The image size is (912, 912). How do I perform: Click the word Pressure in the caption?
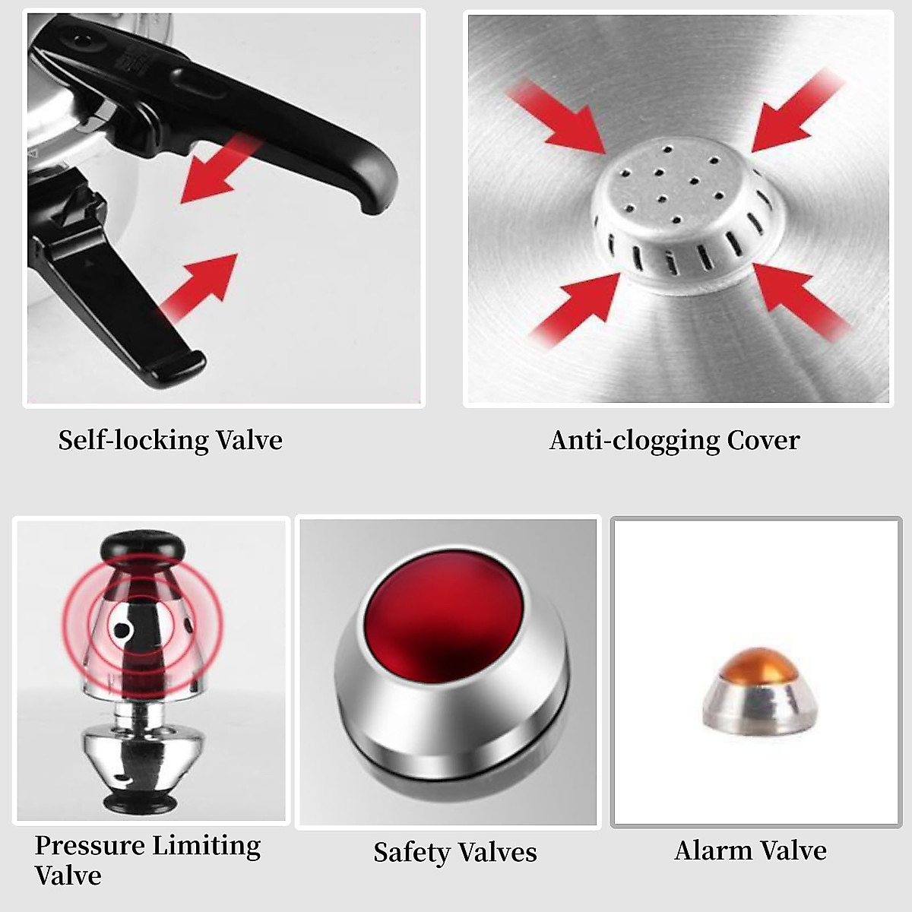pyautogui.click(x=89, y=845)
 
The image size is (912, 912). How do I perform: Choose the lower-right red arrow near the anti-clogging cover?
pyautogui.click(x=798, y=300)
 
